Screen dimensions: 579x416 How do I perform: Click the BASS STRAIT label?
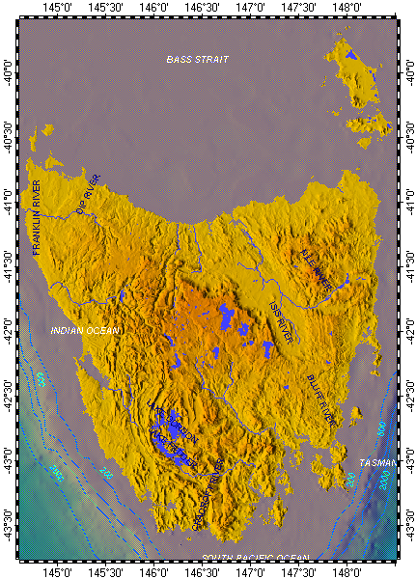[x=197, y=60]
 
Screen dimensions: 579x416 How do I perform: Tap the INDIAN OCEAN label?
[x=87, y=331]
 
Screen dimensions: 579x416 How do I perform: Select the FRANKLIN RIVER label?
[x=38, y=217]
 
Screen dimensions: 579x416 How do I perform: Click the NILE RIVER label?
[x=316, y=271]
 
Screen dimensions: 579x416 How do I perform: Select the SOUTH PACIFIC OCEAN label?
[x=255, y=559]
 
